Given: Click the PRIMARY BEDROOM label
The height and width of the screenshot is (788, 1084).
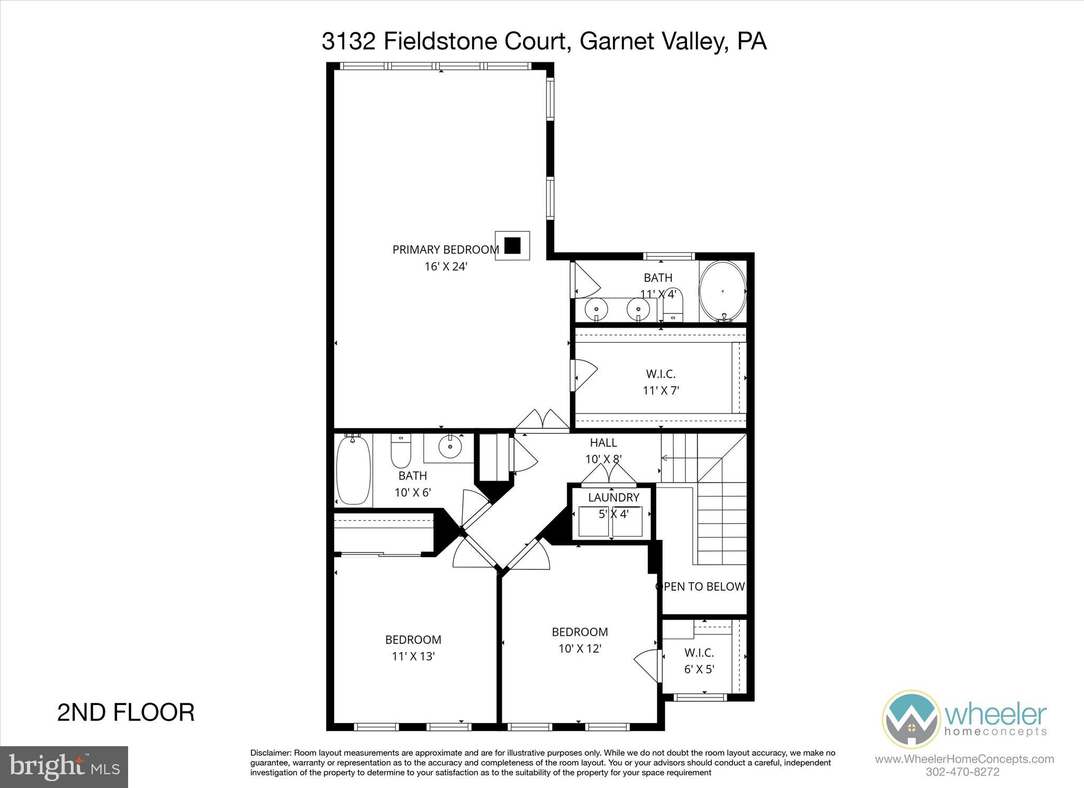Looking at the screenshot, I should click(x=445, y=249).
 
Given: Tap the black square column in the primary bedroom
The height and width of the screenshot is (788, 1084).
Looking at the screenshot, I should click(x=512, y=246).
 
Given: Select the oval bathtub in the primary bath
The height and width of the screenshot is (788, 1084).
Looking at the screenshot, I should click(x=722, y=291).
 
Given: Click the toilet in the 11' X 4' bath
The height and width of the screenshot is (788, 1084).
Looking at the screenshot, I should click(x=673, y=307).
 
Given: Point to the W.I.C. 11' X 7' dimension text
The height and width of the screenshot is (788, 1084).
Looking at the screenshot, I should click(x=661, y=391).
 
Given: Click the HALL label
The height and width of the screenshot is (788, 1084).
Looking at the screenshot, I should click(x=603, y=442).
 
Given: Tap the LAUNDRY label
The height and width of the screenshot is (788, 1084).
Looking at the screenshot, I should click(x=613, y=497).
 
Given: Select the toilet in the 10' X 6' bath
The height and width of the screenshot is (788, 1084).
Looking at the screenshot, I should click(x=401, y=450).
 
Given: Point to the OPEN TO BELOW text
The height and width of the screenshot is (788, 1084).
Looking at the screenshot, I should click(x=700, y=586).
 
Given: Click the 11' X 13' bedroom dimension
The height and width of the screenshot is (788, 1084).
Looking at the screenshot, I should click(x=413, y=656).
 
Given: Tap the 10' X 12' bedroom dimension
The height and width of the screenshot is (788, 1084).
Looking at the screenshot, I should click(x=580, y=648).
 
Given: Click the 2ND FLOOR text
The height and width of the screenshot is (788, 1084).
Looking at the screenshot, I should click(x=126, y=712).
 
